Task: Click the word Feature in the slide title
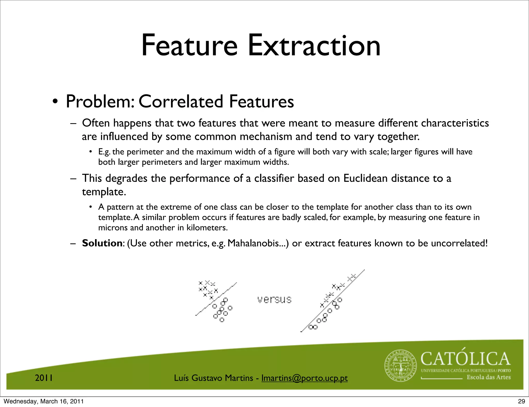189,46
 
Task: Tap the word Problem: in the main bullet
100,101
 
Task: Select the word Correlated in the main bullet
181,101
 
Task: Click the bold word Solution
102,243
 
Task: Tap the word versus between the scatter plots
274,300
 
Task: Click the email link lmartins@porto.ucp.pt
305,378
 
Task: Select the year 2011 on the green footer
44,378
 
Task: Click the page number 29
521,401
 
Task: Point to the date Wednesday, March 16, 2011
44,401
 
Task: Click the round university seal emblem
401,366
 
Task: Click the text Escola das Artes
488,377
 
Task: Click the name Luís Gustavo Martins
213,378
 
